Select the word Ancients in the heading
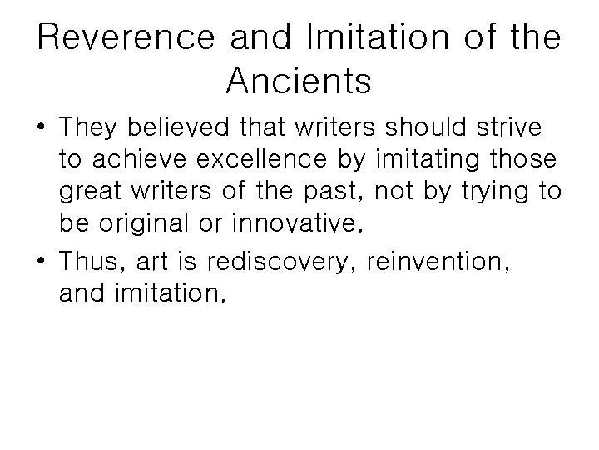pyautogui.click(x=298, y=82)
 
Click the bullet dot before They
pyautogui.click(x=41, y=131)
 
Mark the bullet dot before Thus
pyautogui.click(x=41, y=262)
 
